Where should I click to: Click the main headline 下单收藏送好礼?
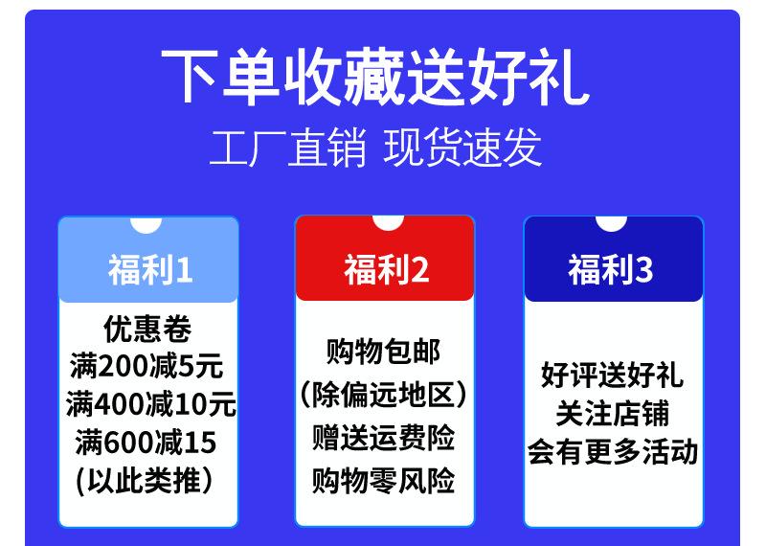tap(375, 78)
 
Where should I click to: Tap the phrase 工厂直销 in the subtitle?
tap(288, 148)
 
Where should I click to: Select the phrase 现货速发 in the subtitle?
tap(462, 148)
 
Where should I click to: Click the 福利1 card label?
tap(150, 269)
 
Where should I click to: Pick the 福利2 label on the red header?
tap(387, 269)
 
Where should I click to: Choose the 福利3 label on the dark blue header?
tap(610, 269)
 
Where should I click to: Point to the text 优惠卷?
tap(147, 329)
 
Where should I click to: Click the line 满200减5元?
tap(146, 366)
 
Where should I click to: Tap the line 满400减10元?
tap(151, 404)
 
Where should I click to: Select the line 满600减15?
tap(146, 443)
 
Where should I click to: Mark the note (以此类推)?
tap(145, 481)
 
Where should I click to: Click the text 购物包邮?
tap(384, 352)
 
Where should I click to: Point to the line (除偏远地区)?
tap(384, 394)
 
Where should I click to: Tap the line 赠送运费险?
tap(384, 438)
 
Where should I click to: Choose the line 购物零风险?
tap(384, 481)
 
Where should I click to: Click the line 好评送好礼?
tap(612, 375)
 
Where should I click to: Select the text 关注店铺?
tap(612, 414)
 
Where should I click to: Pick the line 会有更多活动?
tap(612, 452)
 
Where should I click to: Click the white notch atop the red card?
tap(388, 223)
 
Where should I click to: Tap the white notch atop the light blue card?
tap(146, 225)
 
